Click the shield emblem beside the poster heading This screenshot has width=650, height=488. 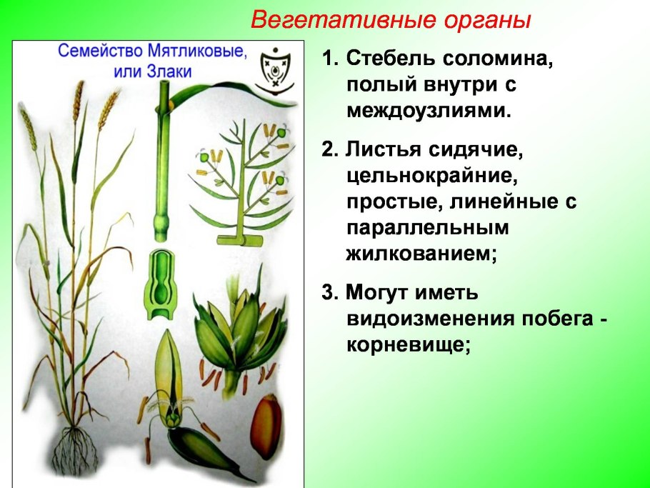point(274,70)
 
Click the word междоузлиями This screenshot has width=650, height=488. point(429,111)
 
